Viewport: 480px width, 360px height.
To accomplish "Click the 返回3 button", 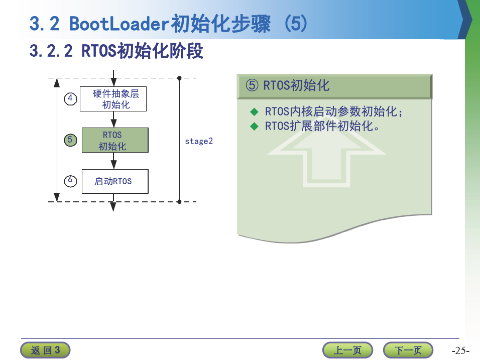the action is pyautogui.click(x=45, y=350).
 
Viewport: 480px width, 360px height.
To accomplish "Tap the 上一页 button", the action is pyautogui.click(x=347, y=350).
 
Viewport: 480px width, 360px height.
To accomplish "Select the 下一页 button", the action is pyautogui.click(x=408, y=350).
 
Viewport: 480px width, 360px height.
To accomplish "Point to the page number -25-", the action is pyautogui.click(x=460, y=350).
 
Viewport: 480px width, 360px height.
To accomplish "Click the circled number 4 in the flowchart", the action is pyautogui.click(x=70, y=99).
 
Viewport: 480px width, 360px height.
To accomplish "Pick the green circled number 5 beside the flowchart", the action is pyautogui.click(x=70, y=140).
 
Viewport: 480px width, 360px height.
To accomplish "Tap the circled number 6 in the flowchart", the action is pyautogui.click(x=70, y=181).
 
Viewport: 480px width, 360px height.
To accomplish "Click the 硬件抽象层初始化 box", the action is pyautogui.click(x=113, y=99).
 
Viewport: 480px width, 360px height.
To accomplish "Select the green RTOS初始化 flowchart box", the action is pyautogui.click(x=115, y=140).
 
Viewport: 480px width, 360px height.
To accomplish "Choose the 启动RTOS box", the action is pyautogui.click(x=115, y=181).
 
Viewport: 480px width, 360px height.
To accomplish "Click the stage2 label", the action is pyautogui.click(x=199, y=141).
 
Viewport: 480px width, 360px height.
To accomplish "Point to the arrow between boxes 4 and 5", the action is pyautogui.click(x=113, y=119).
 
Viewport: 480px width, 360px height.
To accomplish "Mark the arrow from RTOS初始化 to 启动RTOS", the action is pyautogui.click(x=113, y=161).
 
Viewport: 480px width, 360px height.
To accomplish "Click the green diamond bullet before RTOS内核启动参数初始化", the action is pyautogui.click(x=254, y=112).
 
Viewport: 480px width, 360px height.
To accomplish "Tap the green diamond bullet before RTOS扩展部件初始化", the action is pyautogui.click(x=254, y=126).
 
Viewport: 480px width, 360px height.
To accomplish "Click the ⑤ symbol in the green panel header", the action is pyautogui.click(x=252, y=85).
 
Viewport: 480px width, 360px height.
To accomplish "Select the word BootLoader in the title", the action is pyautogui.click(x=119, y=24).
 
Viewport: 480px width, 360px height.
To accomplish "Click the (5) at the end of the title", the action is pyautogui.click(x=296, y=24).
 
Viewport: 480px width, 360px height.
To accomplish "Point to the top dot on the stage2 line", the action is pyautogui.click(x=179, y=78).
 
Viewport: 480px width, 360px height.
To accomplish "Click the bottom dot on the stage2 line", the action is pyautogui.click(x=179, y=202).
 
